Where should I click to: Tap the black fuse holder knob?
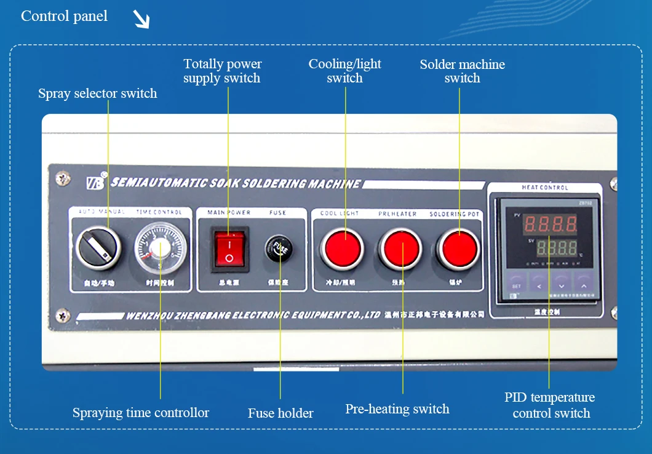point(280,249)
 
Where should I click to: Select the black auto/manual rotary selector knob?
point(98,249)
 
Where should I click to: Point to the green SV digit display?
point(556,249)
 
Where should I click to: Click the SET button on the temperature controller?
point(516,285)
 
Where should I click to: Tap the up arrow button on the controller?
point(583,285)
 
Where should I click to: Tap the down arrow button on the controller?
point(561,285)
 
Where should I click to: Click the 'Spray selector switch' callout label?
point(97,94)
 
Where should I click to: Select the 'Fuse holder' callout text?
point(280,413)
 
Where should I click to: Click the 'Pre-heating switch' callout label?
point(397,409)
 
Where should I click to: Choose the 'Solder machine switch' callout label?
point(462,71)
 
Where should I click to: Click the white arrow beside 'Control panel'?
point(141,21)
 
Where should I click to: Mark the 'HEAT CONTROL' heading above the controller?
point(545,188)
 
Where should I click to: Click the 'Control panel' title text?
point(64,17)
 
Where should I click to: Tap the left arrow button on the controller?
point(539,285)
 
